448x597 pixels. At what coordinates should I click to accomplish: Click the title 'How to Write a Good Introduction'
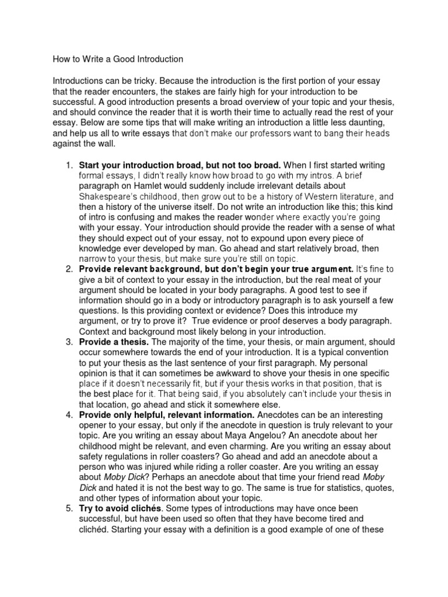coord(118,59)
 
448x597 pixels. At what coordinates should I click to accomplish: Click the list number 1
coord(68,165)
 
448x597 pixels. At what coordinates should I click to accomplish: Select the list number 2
coord(68,269)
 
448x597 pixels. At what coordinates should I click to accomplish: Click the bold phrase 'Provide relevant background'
coord(140,269)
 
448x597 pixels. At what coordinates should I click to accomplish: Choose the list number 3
coord(68,342)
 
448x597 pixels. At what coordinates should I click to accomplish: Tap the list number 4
coord(68,415)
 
